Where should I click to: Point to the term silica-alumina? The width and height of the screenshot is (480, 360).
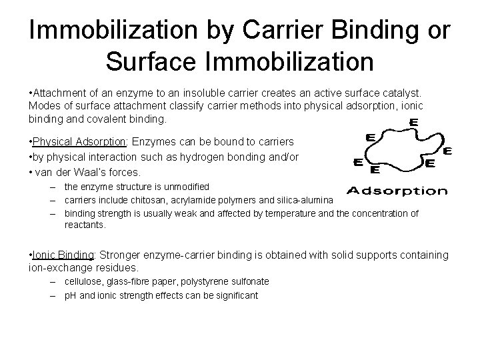pos(301,200)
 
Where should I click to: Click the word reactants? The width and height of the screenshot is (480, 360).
pos(85,225)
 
